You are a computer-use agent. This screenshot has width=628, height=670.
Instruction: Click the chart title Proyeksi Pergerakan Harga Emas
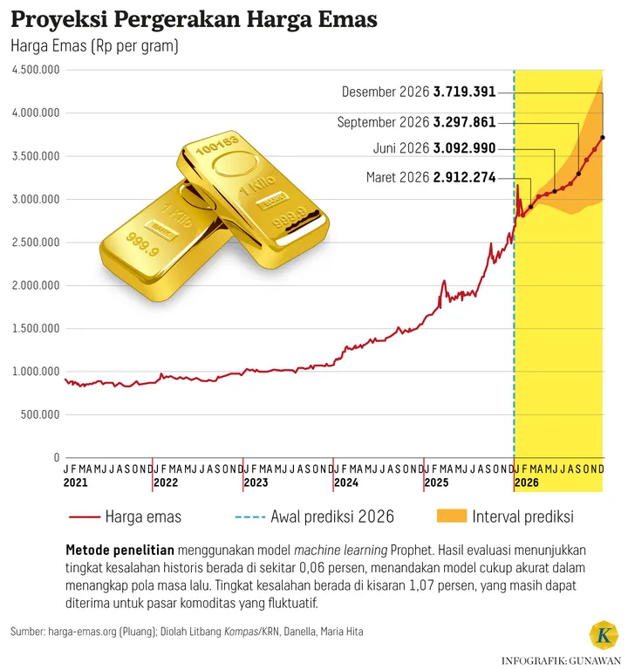coord(194,19)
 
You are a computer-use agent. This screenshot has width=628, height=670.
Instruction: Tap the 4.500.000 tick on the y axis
coord(35,70)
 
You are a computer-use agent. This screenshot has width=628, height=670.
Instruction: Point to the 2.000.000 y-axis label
coord(35,285)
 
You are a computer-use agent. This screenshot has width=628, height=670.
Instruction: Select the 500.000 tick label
coord(38,414)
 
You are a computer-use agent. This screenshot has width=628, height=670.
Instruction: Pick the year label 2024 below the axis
coord(346,482)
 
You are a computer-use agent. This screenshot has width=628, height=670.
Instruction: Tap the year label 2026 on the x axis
coord(527,482)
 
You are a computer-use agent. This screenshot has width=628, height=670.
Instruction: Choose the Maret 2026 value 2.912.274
coord(464,178)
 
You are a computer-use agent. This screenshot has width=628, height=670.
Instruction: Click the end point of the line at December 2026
coord(603,137)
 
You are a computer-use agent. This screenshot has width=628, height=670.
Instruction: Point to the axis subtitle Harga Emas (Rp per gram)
coord(94,47)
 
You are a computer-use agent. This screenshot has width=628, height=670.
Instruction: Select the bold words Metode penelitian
coord(119,550)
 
